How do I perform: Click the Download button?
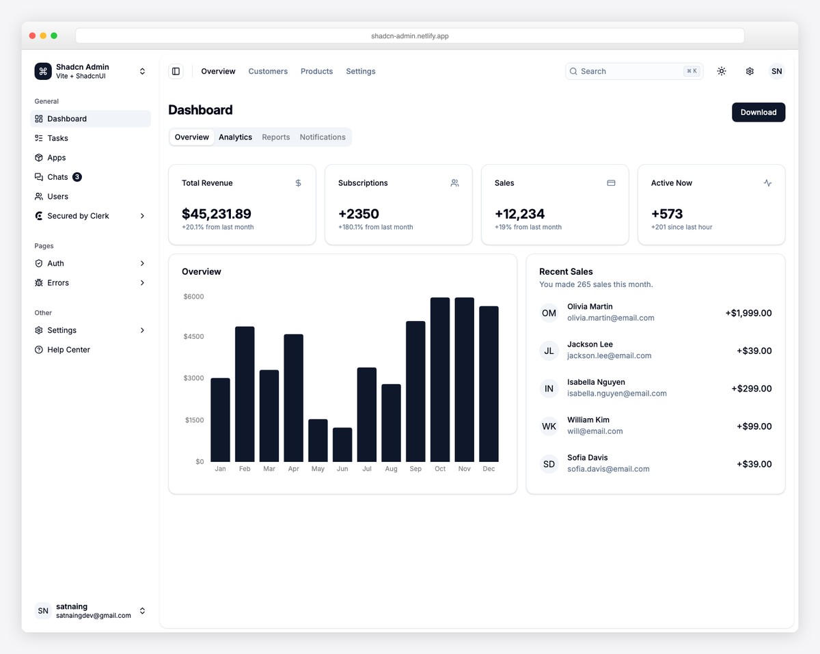(x=758, y=112)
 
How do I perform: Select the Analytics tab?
(x=235, y=137)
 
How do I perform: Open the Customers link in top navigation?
(x=268, y=71)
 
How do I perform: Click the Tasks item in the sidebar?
(x=57, y=138)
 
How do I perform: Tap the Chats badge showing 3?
(x=77, y=177)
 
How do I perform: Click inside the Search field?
(x=629, y=71)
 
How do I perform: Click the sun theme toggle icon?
(x=722, y=71)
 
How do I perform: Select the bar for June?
(x=342, y=445)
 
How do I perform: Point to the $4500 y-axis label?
(x=194, y=336)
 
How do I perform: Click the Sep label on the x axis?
(x=415, y=469)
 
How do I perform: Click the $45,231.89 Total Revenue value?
(x=217, y=214)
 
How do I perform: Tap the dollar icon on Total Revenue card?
(x=298, y=183)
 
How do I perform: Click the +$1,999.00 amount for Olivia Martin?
(x=748, y=313)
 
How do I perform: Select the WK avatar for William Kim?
(x=549, y=426)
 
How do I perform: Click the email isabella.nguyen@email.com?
(x=616, y=394)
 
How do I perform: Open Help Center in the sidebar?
(x=68, y=350)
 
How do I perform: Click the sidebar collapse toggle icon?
(x=176, y=71)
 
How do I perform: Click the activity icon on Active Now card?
(x=767, y=183)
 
